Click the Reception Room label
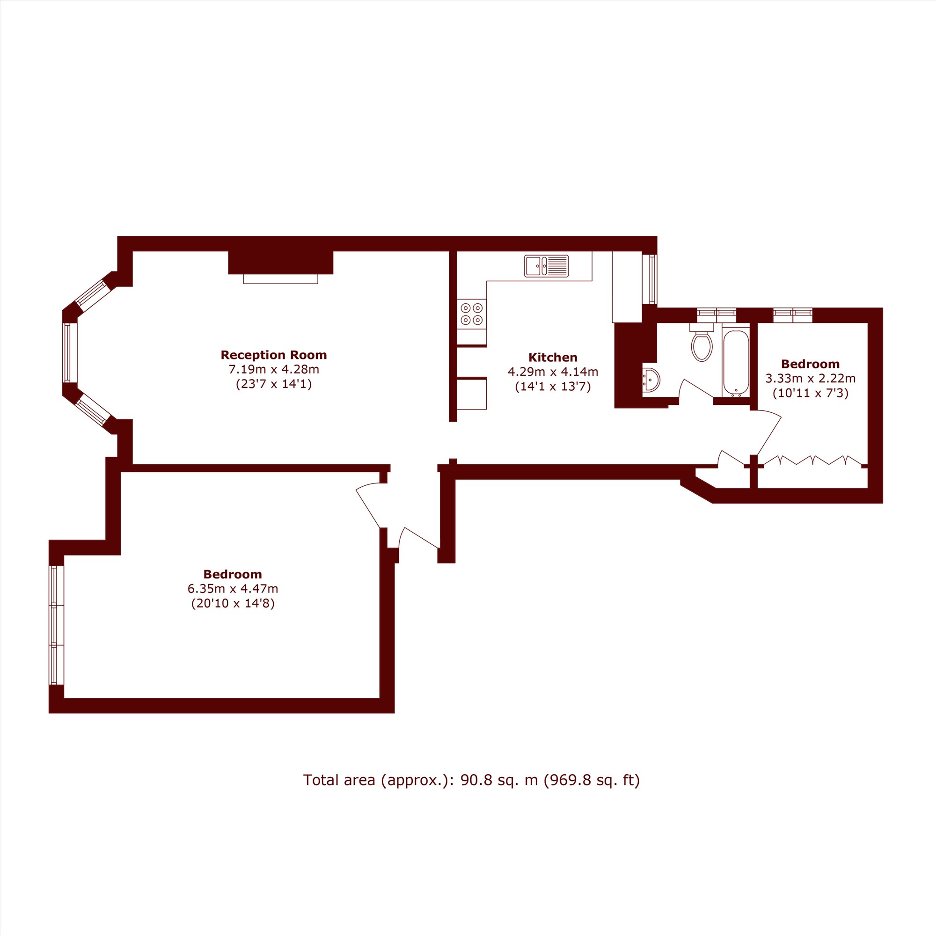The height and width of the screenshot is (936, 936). click(274, 355)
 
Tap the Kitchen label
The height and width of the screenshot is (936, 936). click(553, 358)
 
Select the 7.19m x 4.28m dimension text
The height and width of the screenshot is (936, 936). click(274, 370)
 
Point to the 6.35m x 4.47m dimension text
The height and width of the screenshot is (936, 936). click(233, 589)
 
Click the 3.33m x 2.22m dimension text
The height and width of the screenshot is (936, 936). click(810, 378)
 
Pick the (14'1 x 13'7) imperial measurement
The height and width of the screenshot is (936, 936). click(553, 387)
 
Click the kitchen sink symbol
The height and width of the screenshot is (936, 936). click(546, 266)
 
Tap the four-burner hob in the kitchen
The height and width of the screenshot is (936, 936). click(471, 314)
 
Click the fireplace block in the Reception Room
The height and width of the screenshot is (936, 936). click(280, 263)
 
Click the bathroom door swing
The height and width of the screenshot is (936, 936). click(696, 388)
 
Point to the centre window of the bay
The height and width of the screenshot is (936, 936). click(70, 353)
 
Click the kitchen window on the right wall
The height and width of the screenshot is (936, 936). click(650, 279)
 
